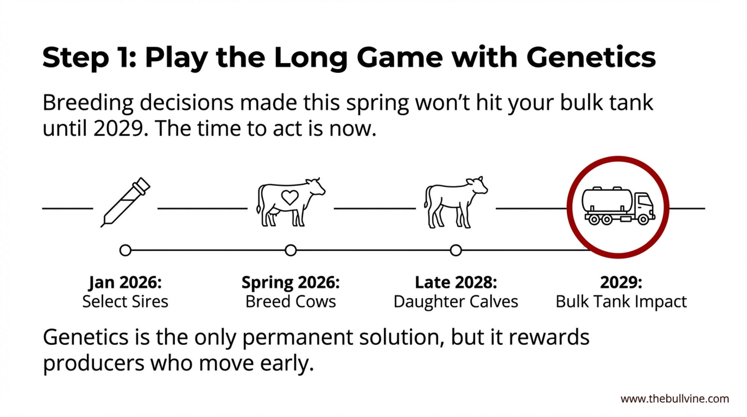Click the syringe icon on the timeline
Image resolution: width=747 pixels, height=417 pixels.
click(125, 202)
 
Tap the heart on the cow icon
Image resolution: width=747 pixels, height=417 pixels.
click(290, 197)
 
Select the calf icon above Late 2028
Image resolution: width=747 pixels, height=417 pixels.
click(456, 202)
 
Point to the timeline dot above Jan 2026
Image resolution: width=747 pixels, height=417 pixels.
click(125, 250)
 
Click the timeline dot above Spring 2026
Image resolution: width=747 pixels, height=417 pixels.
click(291, 250)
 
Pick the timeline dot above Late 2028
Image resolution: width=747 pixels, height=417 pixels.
click(456, 250)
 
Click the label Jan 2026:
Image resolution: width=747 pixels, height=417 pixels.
click(125, 282)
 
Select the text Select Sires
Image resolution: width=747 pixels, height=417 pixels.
click(125, 302)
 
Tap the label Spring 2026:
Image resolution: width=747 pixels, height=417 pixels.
click(291, 283)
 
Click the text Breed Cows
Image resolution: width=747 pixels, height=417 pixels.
click(291, 302)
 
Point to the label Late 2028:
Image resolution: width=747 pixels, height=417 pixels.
click(456, 282)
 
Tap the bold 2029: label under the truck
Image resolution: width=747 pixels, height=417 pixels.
click(621, 282)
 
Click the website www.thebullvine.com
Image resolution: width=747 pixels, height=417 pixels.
click(675, 399)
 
